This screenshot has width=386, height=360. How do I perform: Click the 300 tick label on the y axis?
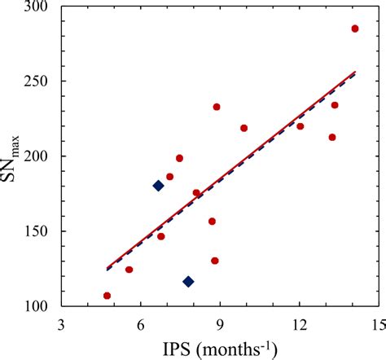41,7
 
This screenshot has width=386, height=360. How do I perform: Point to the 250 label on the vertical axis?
41,81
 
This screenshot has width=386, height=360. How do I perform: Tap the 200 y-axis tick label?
41,156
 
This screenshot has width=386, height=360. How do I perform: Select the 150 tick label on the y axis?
41,231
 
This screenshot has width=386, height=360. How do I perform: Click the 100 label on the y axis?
41,306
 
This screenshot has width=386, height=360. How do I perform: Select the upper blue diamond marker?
158,186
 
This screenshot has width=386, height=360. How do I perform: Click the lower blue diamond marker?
188,282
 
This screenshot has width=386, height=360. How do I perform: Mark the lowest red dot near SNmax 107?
107,296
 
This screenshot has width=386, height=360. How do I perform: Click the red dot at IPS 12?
300,126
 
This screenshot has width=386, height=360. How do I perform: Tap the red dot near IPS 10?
243,128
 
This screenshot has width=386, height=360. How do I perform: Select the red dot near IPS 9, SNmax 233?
217,107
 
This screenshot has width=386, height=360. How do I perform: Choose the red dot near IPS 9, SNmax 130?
215,261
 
